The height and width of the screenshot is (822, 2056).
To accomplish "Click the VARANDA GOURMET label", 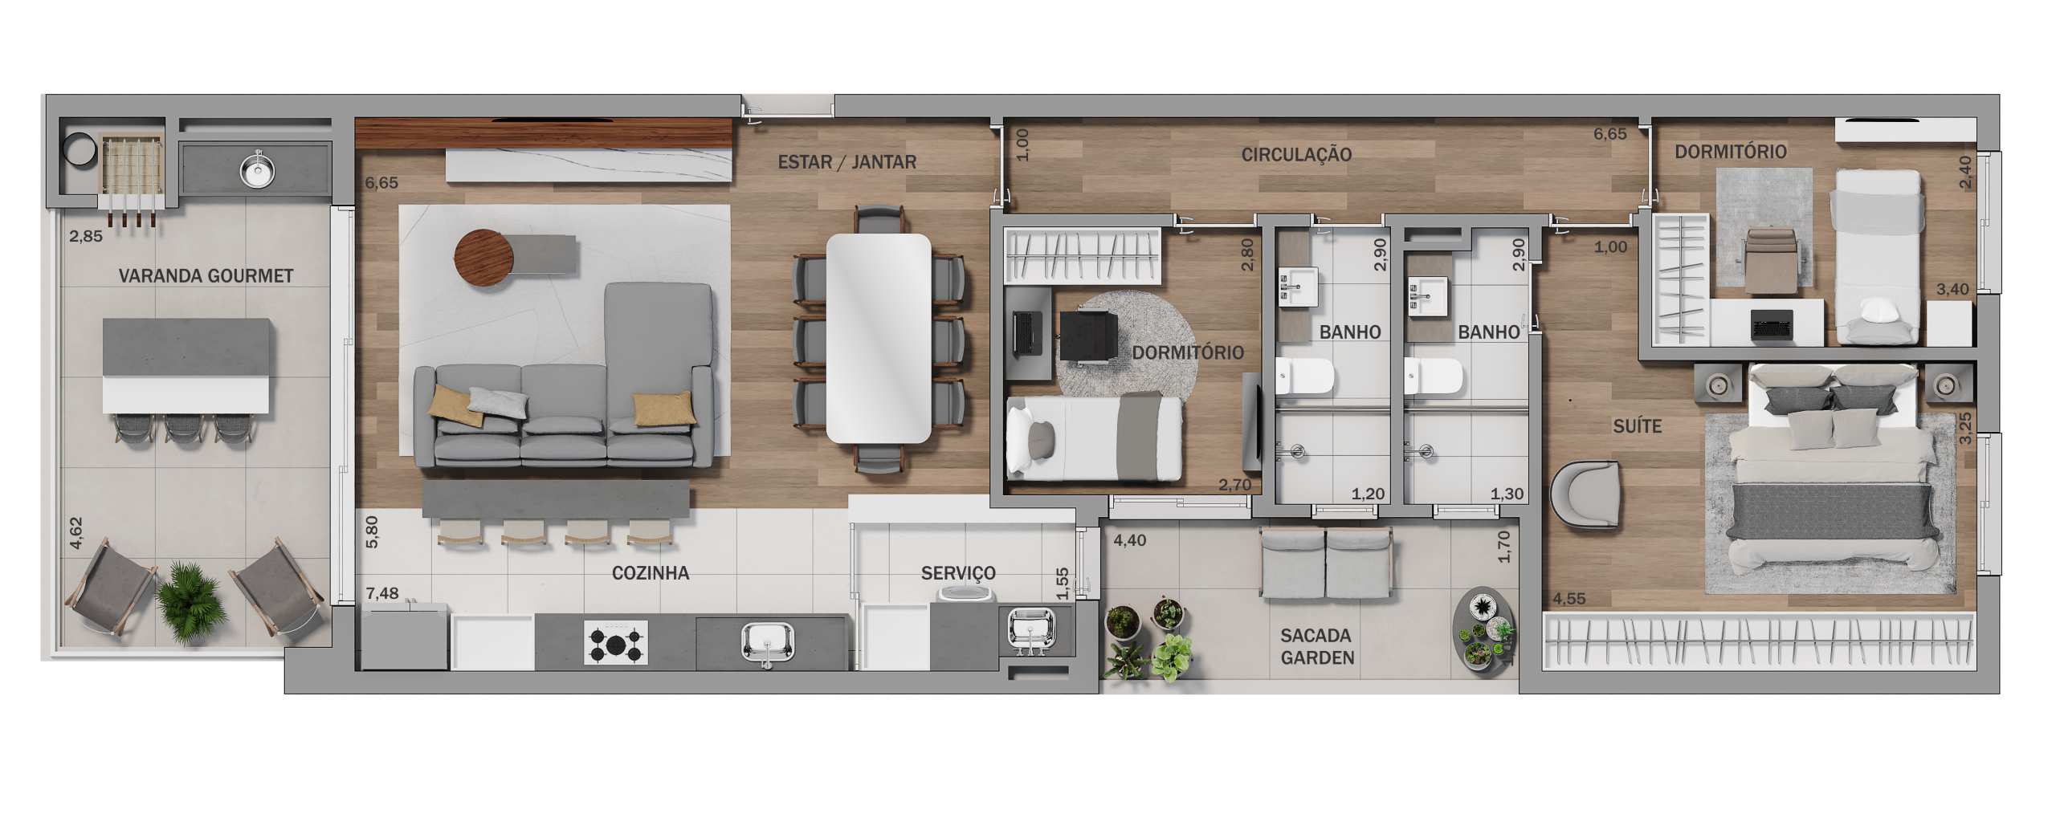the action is [206, 275].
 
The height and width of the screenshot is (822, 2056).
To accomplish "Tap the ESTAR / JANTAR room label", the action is [846, 162].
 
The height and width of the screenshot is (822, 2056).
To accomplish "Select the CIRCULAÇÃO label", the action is [1296, 155].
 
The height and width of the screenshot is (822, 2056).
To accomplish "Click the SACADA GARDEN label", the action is [1317, 646].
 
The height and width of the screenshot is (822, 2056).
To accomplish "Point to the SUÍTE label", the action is [1637, 426].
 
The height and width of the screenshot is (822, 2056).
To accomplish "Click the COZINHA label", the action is [651, 573].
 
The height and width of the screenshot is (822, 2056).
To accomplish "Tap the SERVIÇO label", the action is [958, 573].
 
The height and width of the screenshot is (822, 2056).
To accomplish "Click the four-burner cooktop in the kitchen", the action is [616, 642].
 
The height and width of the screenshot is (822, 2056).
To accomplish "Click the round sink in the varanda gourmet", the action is [258, 169].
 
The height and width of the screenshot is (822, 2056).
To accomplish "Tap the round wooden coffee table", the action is [483, 258].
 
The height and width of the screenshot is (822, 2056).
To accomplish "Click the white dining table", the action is [879, 338].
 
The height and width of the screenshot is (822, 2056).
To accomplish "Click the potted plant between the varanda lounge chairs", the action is [190, 601].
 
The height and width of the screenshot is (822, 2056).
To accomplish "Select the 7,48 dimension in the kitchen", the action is [382, 593].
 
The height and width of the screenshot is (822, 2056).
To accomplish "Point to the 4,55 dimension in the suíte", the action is [1569, 599].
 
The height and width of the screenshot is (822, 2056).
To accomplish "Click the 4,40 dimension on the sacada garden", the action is [1129, 540].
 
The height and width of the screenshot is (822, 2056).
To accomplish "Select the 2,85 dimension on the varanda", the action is [86, 236].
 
